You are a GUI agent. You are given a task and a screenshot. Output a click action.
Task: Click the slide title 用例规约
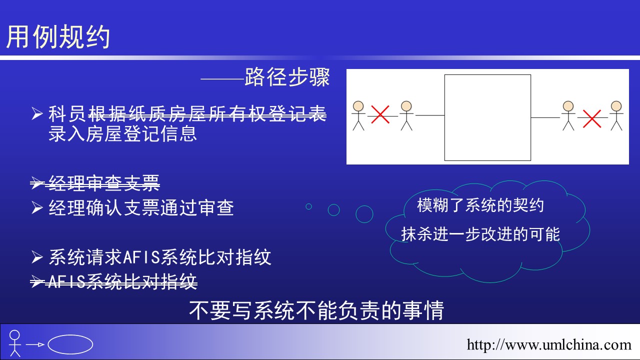coord(58,36)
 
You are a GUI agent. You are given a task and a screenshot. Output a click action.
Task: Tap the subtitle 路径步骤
coord(287,77)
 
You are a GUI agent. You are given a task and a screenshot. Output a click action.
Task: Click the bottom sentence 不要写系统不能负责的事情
coord(316,310)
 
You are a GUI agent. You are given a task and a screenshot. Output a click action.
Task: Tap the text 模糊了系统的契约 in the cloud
coord(480,205)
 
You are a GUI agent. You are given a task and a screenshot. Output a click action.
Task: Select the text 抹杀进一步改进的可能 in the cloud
coord(480,234)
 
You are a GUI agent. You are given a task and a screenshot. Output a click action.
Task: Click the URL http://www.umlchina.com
coord(549,344)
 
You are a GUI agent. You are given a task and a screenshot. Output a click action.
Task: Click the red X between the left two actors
coord(380,114)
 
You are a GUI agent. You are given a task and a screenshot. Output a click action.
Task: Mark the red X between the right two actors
coord(591,118)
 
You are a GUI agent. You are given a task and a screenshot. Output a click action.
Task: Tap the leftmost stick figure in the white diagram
coord(358,115)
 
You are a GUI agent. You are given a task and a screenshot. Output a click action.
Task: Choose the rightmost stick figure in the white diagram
coord(616,115)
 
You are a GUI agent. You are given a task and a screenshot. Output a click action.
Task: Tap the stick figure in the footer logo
coord(15,343)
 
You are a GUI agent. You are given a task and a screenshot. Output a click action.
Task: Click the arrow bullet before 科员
coord(37,113)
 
